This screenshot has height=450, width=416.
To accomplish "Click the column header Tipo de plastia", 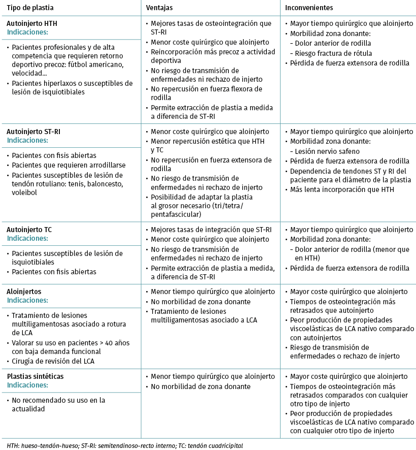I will click(x=30, y=8).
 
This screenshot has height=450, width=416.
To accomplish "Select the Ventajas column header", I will click(x=160, y=8).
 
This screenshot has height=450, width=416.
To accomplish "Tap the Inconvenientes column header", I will click(x=309, y=8).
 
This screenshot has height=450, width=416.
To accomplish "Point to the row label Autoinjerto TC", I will click(x=29, y=230).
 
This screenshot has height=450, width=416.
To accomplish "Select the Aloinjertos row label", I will click(x=24, y=292).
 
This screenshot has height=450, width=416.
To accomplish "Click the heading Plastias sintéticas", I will click(x=36, y=376).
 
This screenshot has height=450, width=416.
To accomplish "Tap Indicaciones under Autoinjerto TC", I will click(x=27, y=238).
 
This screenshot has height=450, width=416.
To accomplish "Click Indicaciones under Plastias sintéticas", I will click(x=27, y=384).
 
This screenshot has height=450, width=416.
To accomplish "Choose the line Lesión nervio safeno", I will click(x=327, y=151).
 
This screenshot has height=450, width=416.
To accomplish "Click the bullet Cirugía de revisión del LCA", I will click(x=54, y=361).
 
